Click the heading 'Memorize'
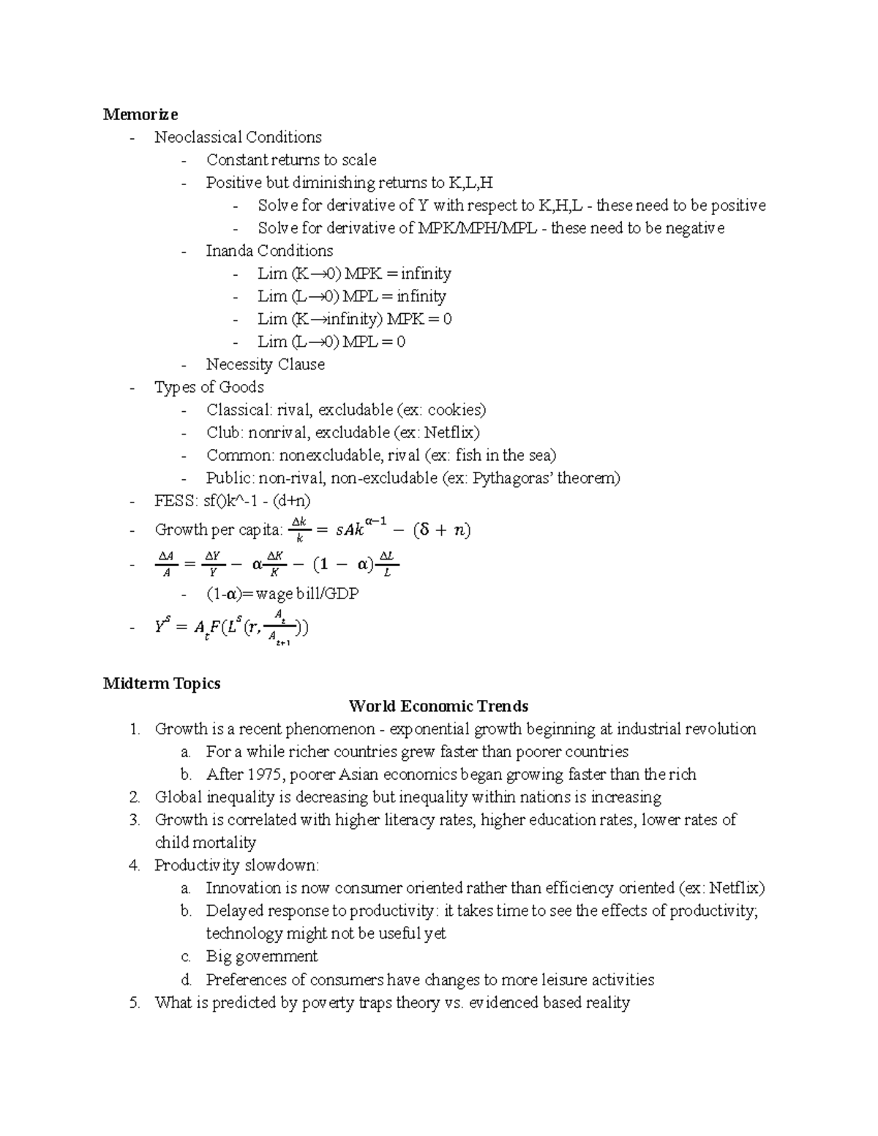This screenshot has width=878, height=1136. [x=140, y=114]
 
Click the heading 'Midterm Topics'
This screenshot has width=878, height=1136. [x=162, y=683]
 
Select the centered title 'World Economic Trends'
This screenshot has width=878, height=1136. [x=438, y=706]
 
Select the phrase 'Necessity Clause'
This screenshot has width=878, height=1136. [x=265, y=364]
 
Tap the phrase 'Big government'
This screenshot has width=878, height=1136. [x=261, y=957]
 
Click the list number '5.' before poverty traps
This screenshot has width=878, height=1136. [x=134, y=1003]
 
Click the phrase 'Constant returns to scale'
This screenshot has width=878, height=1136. [x=291, y=160]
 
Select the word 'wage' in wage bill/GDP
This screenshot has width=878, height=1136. [x=274, y=594]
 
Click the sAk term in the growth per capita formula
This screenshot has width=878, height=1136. [x=350, y=530]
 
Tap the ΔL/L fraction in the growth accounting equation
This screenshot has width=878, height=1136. [x=387, y=564]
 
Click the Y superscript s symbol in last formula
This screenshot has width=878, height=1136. [x=162, y=626]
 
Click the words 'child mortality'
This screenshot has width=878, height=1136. [x=205, y=843]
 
